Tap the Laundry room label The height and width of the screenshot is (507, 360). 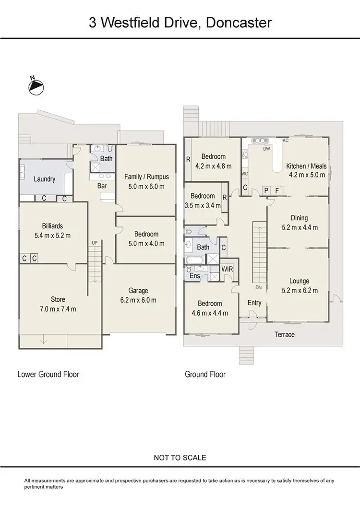45,179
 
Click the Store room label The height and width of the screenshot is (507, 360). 58,300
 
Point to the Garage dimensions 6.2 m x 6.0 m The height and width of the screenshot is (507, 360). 138,300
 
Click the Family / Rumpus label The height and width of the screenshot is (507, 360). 146,177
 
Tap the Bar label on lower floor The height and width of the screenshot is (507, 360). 102,185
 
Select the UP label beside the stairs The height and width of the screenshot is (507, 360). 95,243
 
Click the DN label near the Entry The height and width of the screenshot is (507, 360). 258,287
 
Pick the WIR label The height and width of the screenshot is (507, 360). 227,270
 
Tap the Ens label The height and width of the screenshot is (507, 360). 195,276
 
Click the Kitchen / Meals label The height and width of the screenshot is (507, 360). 306,166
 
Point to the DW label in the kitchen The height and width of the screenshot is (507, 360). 267,149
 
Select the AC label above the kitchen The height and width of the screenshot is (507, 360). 285,141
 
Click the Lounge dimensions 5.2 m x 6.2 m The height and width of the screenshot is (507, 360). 299,290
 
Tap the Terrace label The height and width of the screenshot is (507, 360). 285,334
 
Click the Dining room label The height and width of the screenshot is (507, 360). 299,218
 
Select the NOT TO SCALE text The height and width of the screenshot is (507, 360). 180,458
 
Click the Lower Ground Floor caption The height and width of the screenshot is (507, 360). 48,374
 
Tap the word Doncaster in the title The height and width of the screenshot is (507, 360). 239,23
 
